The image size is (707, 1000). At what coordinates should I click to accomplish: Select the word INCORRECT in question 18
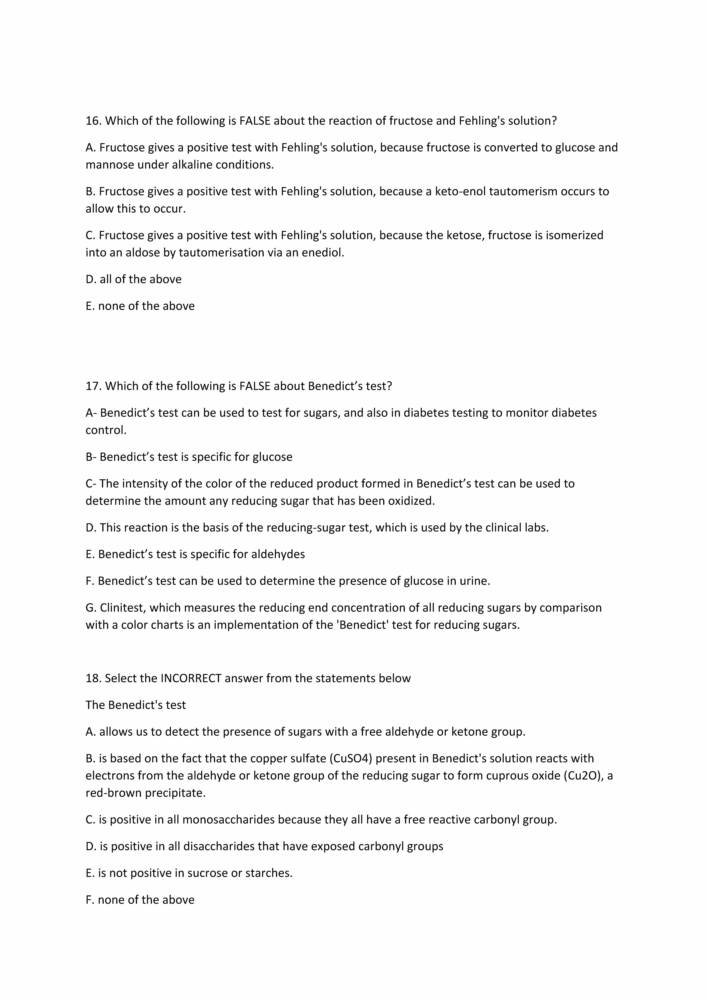point(191,678)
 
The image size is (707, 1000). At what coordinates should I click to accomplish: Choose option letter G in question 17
point(90,608)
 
